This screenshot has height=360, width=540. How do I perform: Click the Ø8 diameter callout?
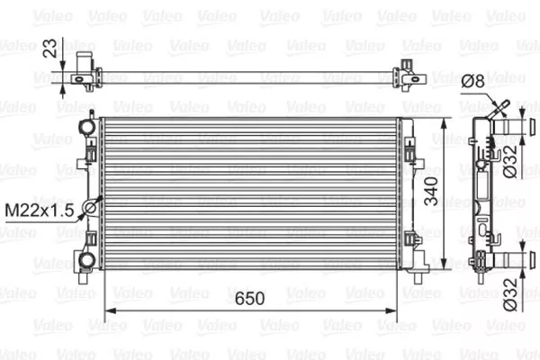[x=473, y=81]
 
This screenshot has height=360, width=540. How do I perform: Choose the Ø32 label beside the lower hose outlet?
[x=509, y=296]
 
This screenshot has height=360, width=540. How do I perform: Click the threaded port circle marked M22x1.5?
[x=90, y=210]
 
